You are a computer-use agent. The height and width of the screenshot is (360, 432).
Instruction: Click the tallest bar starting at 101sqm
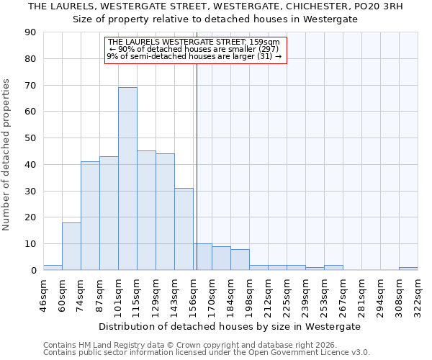[x=127, y=179]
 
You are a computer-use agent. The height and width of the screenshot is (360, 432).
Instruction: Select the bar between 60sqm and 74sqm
[x=71, y=246]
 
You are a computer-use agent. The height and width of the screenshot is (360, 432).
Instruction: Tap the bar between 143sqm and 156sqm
[x=184, y=229]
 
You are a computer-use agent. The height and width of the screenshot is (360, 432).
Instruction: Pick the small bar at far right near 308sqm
[x=408, y=269]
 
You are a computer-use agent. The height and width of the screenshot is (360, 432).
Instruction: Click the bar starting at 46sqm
[x=53, y=267]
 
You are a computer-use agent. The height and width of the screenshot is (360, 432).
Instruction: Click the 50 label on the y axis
[x=30, y=138]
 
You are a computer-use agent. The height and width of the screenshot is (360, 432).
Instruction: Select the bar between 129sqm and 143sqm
[x=165, y=212]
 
